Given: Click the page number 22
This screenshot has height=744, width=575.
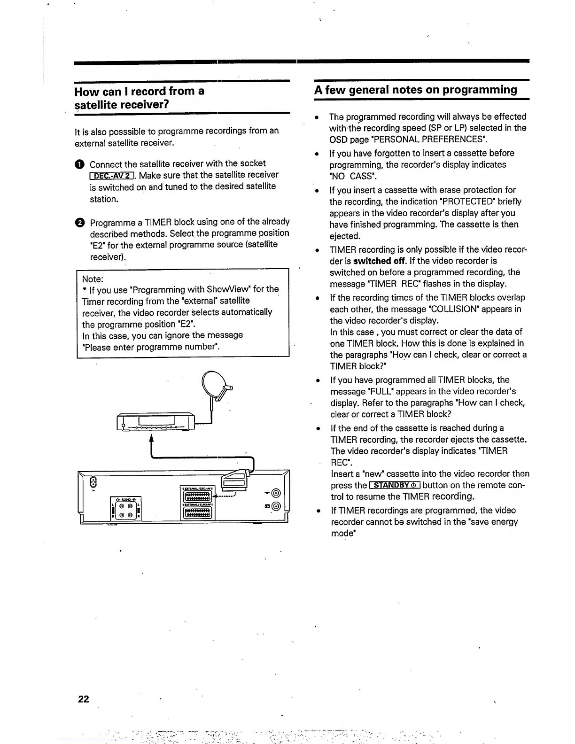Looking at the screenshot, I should pos(84,699).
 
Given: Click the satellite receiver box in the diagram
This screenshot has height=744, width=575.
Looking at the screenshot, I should pos(155,421).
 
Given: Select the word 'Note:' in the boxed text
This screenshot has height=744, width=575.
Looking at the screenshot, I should pos(93,279).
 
